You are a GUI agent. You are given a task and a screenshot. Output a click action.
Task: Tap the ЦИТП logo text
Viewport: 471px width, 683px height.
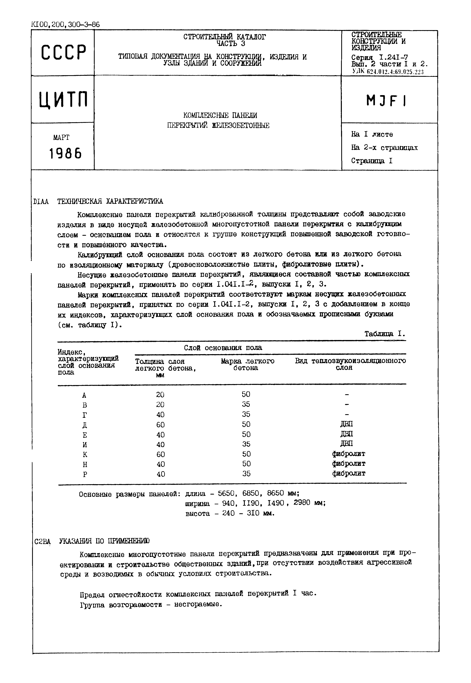click(x=63, y=100)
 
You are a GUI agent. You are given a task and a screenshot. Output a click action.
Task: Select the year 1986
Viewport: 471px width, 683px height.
click(x=65, y=154)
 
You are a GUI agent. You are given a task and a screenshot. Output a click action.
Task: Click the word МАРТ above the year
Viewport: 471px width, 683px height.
click(x=61, y=138)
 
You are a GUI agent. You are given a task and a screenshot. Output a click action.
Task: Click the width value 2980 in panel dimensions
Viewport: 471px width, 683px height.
click(x=302, y=503)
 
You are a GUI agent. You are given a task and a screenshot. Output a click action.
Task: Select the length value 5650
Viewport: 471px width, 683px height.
click(x=226, y=493)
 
